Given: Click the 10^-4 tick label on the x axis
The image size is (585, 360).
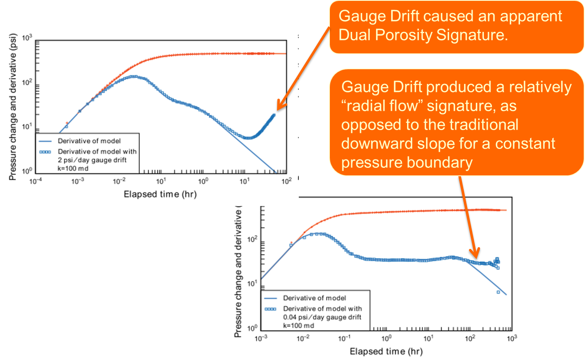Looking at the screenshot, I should [x=35, y=181].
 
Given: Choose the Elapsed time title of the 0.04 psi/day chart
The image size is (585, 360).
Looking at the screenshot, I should [x=386, y=351].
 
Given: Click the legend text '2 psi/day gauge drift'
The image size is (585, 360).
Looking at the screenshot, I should [x=92, y=159].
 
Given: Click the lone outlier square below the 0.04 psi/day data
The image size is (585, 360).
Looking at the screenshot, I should [x=498, y=292].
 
